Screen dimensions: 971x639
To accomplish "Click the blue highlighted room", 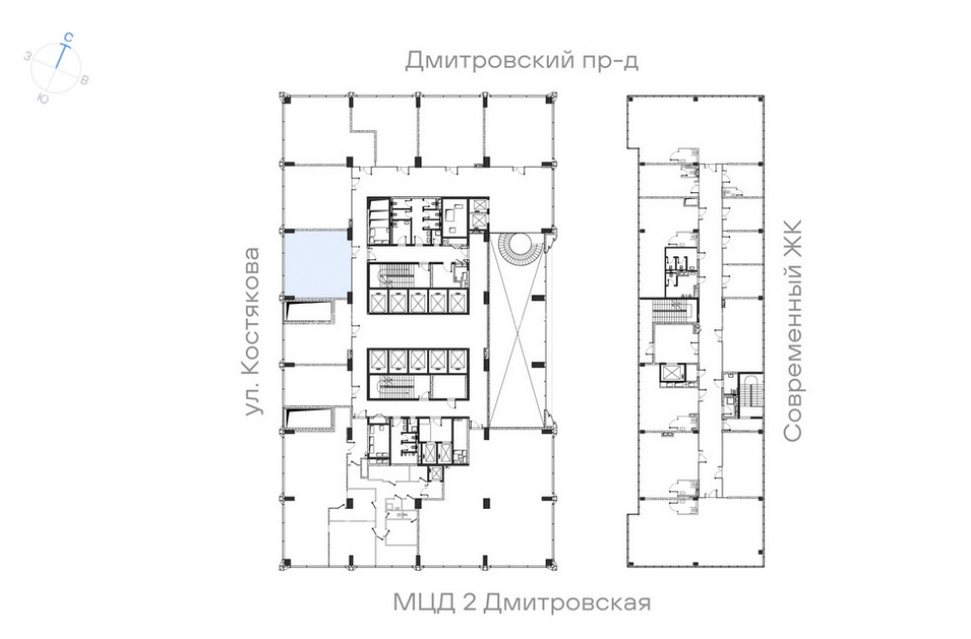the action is (316, 263).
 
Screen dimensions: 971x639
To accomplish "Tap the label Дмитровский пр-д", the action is (521, 60).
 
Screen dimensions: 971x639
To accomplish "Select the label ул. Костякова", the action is (252, 331).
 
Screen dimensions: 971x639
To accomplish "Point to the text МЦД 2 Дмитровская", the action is (522, 602).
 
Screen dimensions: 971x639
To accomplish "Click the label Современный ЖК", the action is (792, 330).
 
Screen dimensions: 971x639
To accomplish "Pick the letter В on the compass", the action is (84, 80).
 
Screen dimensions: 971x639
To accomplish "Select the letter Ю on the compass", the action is (43, 98).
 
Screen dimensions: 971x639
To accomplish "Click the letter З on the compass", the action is (28, 55).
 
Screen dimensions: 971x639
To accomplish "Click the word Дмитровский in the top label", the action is (488, 60).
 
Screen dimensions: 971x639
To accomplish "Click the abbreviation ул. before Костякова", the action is (252, 401).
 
